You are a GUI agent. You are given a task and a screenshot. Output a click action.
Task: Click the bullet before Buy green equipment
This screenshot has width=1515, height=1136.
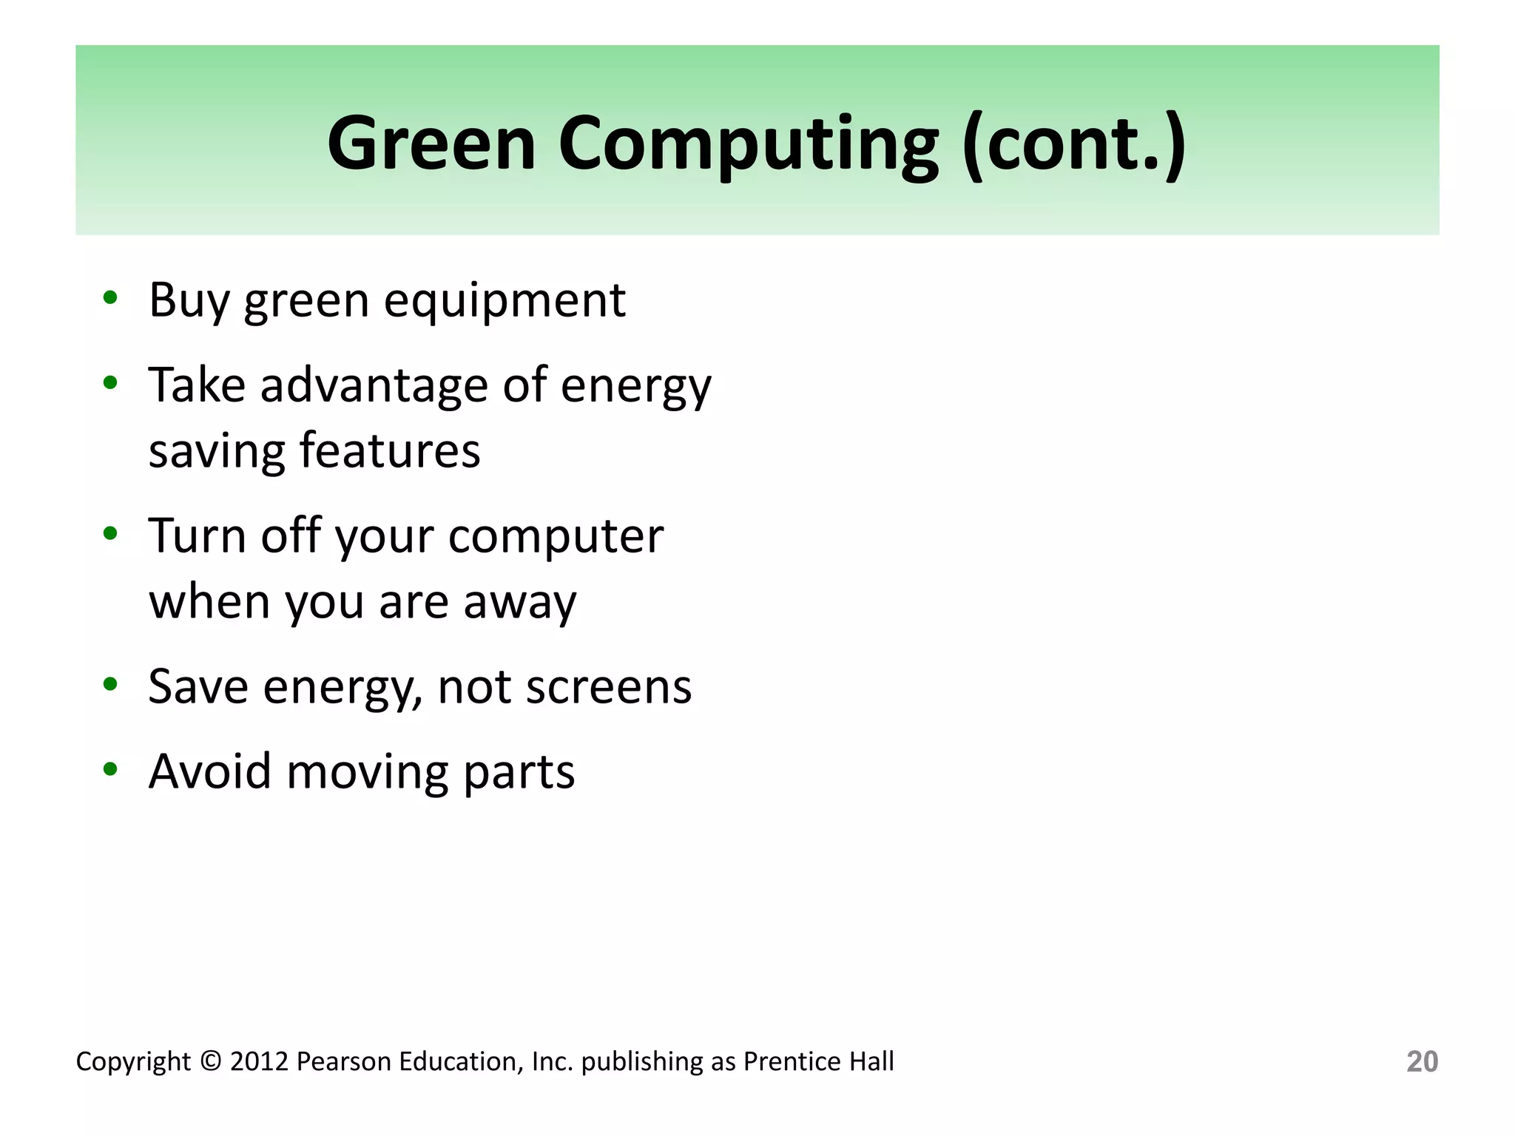point(110,298)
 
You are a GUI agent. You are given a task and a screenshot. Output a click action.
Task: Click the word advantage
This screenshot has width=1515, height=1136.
point(374,385)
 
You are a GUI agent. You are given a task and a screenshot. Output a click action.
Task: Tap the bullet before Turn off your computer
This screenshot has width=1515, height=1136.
point(110,533)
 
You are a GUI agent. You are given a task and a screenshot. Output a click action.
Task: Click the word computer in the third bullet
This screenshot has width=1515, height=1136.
point(556,536)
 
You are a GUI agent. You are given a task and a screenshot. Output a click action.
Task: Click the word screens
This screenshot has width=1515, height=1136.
point(608,686)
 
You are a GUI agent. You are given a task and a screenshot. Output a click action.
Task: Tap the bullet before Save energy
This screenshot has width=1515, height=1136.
point(110,684)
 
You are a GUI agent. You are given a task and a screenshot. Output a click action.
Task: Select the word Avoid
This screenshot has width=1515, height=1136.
point(210,771)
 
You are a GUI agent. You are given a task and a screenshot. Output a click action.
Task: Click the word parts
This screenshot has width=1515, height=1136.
point(519,772)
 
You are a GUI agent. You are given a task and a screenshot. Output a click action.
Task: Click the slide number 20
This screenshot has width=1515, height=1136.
point(1421,1061)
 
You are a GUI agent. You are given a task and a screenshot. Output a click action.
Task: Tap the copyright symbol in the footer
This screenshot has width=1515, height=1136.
point(211,1061)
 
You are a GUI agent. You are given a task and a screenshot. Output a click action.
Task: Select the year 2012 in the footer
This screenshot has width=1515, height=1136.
point(259,1061)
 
